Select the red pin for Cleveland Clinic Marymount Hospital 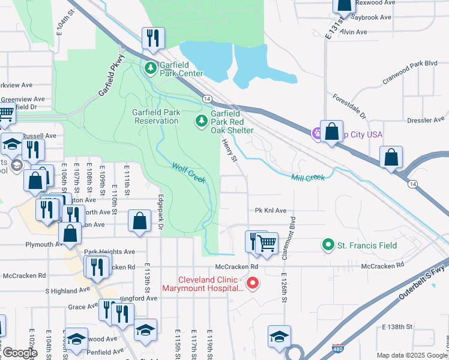point(253,282)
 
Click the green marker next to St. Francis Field point(328,245)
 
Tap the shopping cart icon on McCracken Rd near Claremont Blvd point(267,243)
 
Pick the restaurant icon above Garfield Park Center point(152,38)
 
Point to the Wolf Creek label point(188,173)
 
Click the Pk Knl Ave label point(271,211)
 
